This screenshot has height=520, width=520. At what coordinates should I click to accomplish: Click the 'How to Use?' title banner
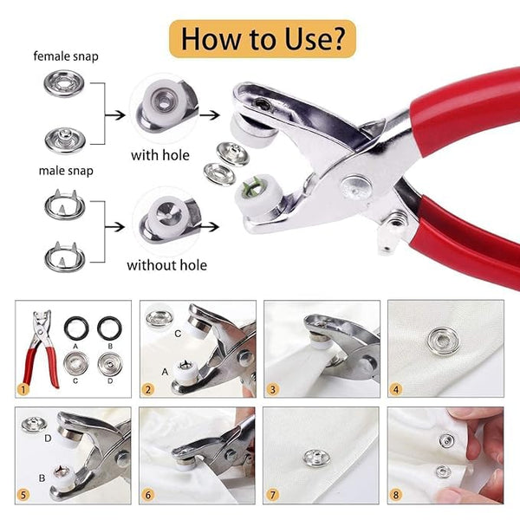[259, 39]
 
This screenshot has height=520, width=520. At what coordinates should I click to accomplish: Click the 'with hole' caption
[163, 156]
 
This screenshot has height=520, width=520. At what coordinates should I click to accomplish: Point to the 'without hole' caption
[167, 265]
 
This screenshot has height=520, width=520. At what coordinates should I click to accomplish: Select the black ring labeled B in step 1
[109, 328]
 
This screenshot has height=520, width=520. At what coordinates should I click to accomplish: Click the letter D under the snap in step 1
[110, 379]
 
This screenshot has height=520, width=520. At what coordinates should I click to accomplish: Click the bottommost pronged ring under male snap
[61, 257]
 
